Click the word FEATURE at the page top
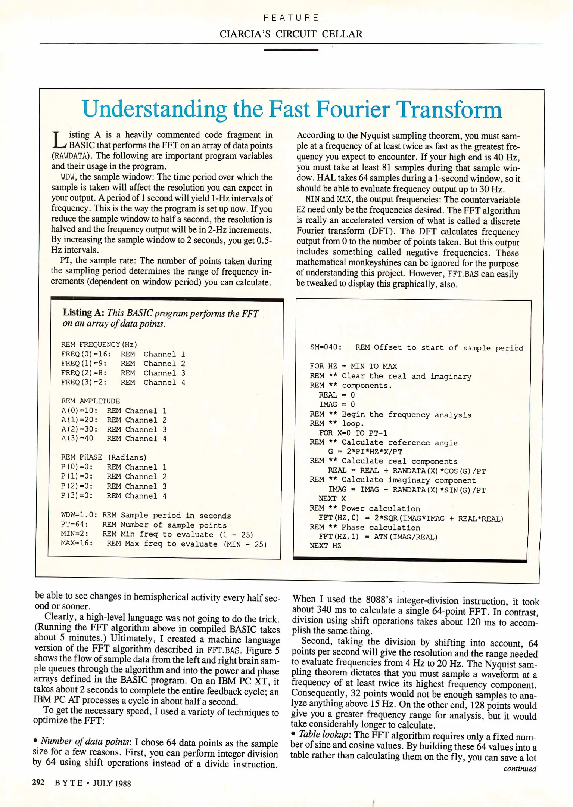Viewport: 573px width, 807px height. click(x=291, y=18)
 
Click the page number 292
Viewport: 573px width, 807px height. click(x=38, y=782)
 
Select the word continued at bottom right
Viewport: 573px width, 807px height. click(x=520, y=769)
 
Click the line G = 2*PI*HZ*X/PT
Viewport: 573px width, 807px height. click(x=365, y=451)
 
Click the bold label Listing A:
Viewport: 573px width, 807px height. click(x=83, y=313)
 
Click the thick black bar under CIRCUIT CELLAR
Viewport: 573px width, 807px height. click(x=291, y=50)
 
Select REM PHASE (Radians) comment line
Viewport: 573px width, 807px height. click(x=104, y=457)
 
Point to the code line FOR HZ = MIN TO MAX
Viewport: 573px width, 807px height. click(x=353, y=366)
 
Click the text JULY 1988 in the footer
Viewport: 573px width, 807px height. click(x=112, y=783)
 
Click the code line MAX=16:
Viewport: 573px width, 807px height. click(x=77, y=543)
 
